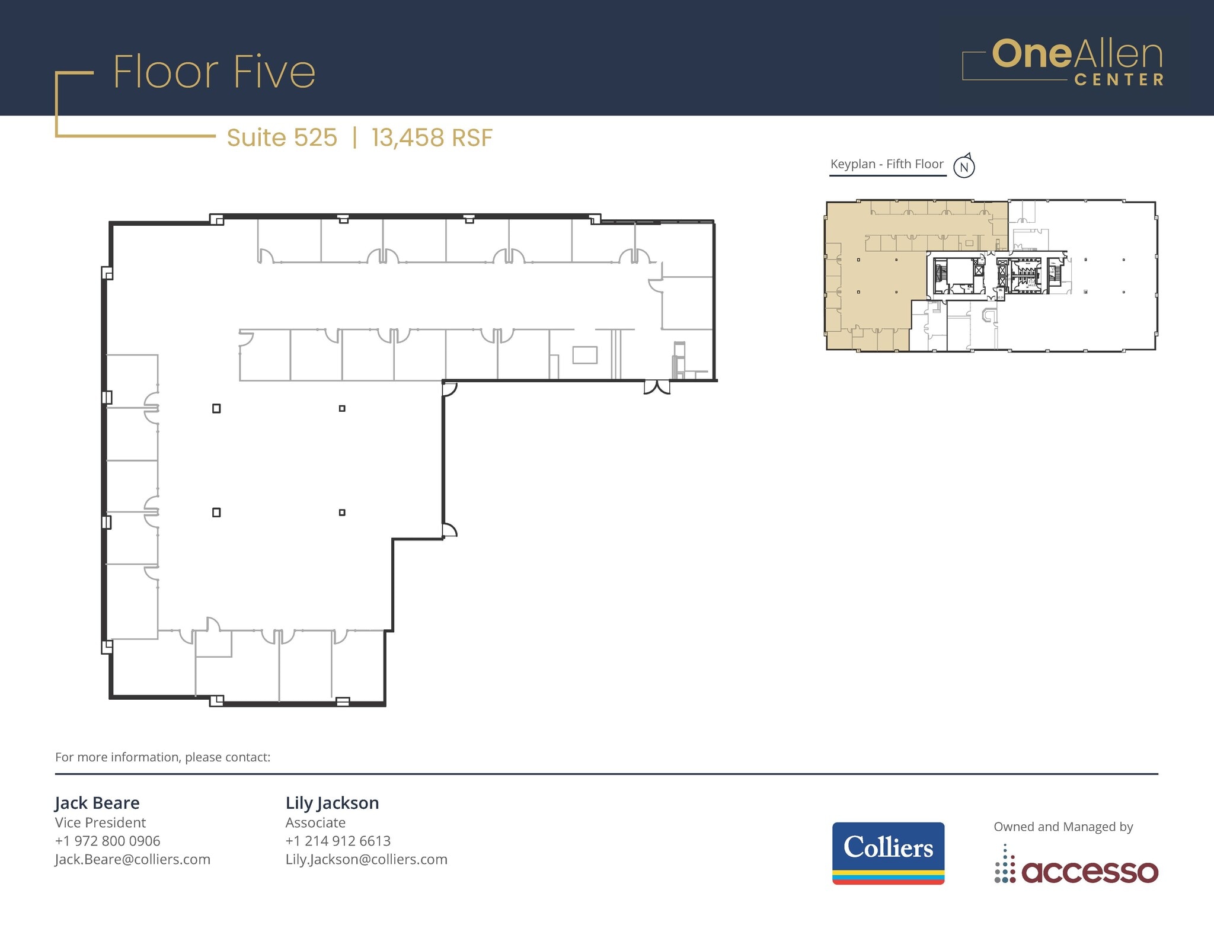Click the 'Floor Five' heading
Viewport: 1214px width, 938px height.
214,72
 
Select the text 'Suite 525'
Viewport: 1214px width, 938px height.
282,137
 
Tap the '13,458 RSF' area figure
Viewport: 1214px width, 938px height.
432,137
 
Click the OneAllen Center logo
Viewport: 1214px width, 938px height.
1063,62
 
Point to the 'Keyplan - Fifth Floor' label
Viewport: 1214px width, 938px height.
887,164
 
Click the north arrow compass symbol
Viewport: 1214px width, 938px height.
964,167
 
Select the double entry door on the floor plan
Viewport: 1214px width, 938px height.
657,388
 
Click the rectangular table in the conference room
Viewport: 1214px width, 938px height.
584,355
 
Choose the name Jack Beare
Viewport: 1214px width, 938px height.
97,803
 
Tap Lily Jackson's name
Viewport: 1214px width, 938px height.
332,803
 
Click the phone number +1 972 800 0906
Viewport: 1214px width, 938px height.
107,841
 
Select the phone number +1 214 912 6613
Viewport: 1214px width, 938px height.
338,841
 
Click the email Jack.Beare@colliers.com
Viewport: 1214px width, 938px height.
132,859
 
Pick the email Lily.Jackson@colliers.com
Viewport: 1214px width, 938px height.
366,859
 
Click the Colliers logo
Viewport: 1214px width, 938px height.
888,853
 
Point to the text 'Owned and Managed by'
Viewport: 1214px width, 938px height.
1063,827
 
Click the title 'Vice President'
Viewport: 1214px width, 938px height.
100,822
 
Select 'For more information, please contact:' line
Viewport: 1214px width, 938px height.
162,757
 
